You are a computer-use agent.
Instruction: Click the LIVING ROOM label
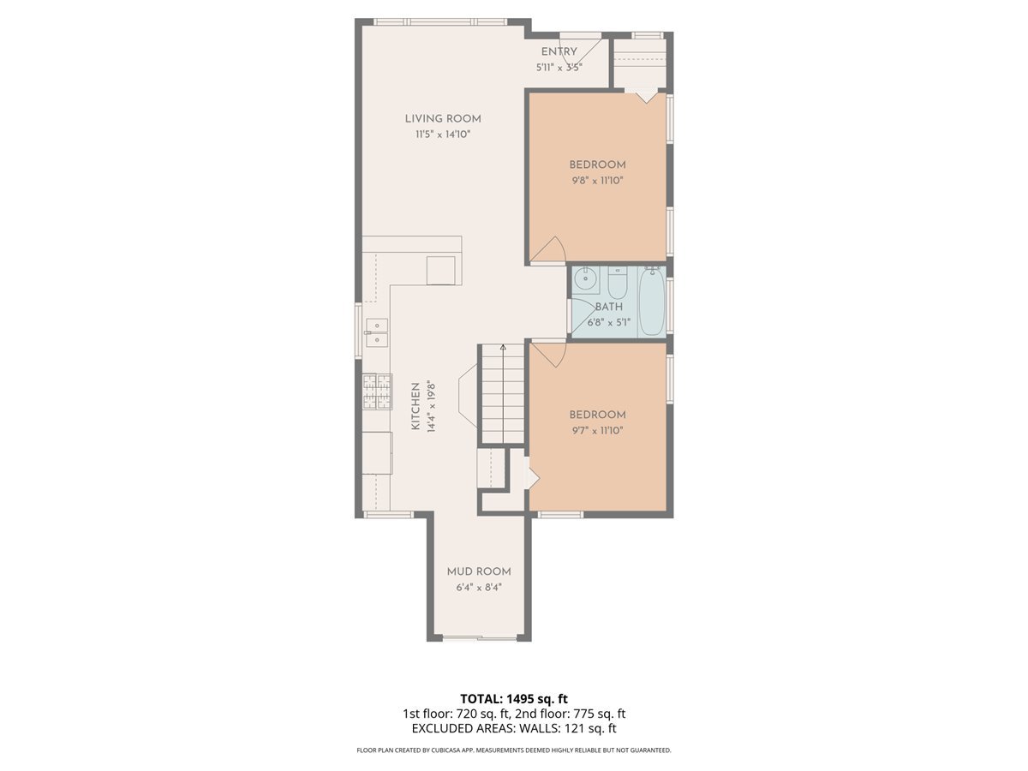[x=443, y=119]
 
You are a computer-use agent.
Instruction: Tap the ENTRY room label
[x=559, y=52]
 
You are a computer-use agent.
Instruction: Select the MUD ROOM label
[x=478, y=571]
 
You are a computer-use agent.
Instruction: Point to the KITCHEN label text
[x=415, y=406]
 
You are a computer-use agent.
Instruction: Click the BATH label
[x=609, y=307]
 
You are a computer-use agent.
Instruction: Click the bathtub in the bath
[x=651, y=302]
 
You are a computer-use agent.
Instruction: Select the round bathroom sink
[x=587, y=278]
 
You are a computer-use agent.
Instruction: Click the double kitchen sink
[x=376, y=332]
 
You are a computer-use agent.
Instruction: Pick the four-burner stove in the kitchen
[x=377, y=391]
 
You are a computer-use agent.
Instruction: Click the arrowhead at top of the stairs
[x=503, y=348]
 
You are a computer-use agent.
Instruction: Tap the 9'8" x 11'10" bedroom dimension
[x=597, y=181]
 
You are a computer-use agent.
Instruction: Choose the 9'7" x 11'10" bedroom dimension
[x=597, y=430]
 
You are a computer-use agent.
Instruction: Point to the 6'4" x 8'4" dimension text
[x=478, y=588]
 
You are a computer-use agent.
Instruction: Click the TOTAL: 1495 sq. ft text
[x=514, y=698]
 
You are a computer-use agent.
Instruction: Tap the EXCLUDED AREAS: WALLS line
[x=514, y=729]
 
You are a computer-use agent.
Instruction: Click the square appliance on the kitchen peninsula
[x=442, y=270]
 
